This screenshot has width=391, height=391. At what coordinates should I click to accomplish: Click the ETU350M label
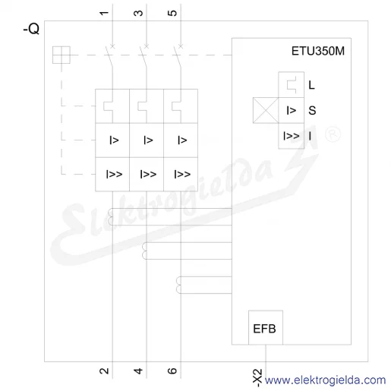[318, 51]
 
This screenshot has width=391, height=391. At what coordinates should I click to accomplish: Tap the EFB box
[266, 327]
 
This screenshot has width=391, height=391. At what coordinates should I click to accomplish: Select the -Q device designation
[31, 29]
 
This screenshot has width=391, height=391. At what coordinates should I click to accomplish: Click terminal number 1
[104, 13]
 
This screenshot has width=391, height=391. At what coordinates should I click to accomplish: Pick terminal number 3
[138, 13]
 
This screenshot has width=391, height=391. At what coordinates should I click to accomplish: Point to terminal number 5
[172, 13]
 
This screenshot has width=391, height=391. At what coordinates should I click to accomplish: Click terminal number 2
[104, 371]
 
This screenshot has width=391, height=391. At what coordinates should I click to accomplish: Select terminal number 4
[138, 371]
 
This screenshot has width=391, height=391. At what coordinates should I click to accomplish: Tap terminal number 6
[172, 371]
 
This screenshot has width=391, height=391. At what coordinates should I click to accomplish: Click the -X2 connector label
[257, 378]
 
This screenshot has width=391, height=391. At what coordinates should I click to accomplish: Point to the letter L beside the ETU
[311, 85]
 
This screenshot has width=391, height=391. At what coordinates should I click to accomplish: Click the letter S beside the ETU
[312, 111]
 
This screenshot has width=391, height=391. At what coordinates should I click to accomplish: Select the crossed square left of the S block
[266, 110]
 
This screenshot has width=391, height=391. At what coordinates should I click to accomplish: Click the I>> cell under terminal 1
[112, 174]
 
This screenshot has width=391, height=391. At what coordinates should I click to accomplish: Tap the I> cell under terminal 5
[181, 140]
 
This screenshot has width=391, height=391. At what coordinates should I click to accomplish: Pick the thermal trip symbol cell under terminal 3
[147, 106]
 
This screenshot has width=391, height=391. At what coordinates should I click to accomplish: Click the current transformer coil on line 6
[178, 285]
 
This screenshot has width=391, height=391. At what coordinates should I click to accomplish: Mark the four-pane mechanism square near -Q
[61, 55]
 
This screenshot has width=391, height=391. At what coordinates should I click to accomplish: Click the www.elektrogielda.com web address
[325, 380]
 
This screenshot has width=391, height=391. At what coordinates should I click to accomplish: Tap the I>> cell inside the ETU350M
[291, 136]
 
